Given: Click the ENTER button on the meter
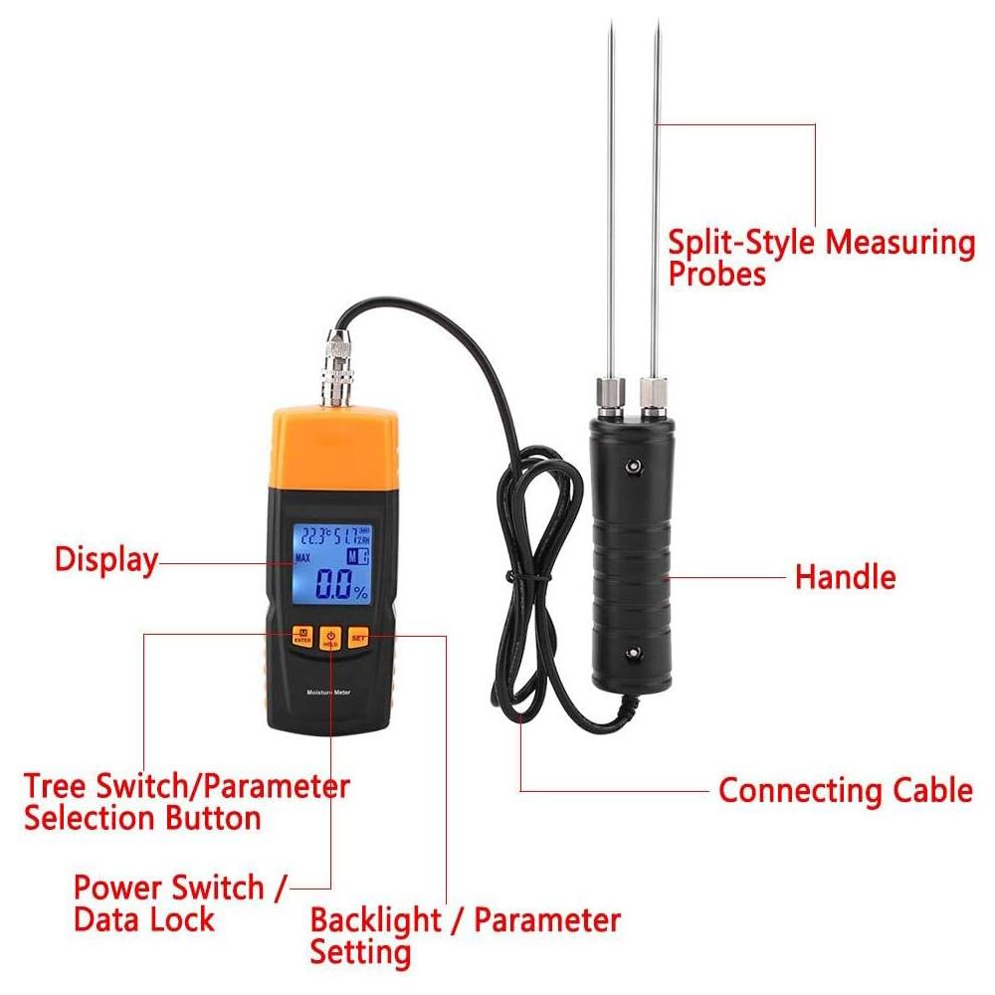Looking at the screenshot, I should coord(300,635).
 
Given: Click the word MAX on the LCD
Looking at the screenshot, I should coord(303,558).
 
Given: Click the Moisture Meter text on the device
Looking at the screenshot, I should coord(329,691).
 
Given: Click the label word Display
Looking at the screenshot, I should coord(105,559).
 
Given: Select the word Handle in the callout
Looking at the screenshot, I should coord(845,577).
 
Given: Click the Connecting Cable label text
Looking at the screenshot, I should coord(845,791).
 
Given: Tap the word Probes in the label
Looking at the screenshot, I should coord(716,274).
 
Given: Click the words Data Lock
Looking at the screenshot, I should coord(143,918).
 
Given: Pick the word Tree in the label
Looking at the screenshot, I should coord(56,786).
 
